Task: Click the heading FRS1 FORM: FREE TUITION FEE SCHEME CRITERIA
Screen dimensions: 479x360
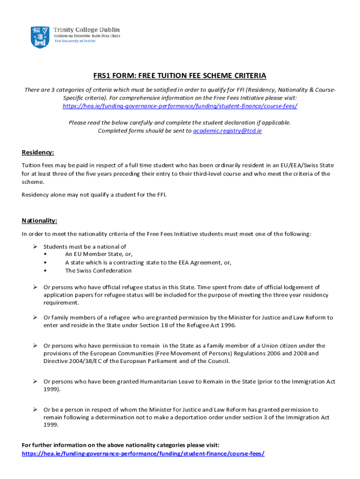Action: pyautogui.click(x=180, y=76)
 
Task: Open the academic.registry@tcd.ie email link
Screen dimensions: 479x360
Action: pyautogui.click(x=227, y=131)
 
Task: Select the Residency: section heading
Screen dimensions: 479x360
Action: pyautogui.click(x=38, y=152)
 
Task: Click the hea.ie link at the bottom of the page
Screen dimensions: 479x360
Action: pyautogui.click(x=143, y=454)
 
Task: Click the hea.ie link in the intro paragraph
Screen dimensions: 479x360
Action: pyautogui.click(x=180, y=106)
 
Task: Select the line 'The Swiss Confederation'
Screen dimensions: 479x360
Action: pyautogui.click(x=98, y=270)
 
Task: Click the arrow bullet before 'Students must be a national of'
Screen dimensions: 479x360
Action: pyautogui.click(x=35, y=247)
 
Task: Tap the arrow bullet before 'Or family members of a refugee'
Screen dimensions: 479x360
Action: pyautogui.click(x=35, y=318)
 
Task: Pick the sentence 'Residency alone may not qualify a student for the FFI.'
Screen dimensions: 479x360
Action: pyautogui.click(x=94, y=194)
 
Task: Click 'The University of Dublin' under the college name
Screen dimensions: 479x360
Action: pyautogui.click(x=75, y=41)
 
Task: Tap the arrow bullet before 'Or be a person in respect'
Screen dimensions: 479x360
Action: pyautogui.click(x=35, y=410)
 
